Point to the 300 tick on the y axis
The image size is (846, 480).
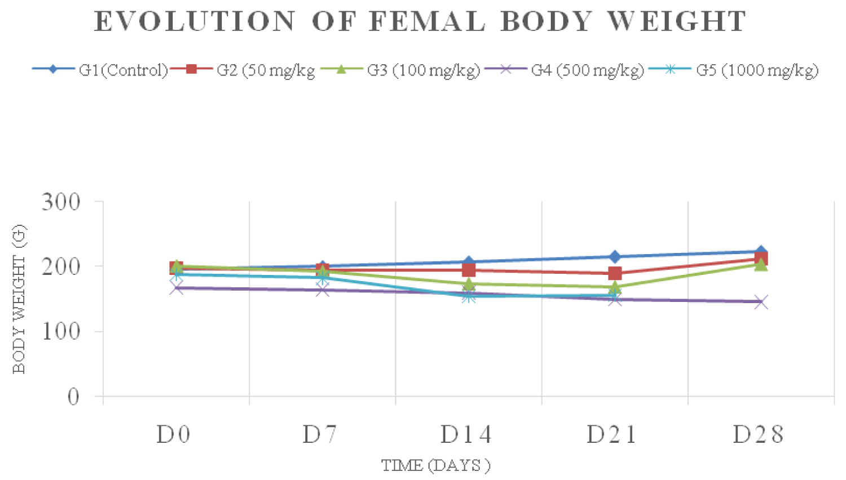(x=61, y=202)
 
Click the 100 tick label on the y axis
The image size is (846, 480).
(x=61, y=331)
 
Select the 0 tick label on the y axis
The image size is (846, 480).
(x=73, y=397)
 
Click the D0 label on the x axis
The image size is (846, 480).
(x=174, y=435)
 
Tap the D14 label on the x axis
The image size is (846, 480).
(x=466, y=435)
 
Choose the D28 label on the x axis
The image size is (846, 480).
(x=759, y=435)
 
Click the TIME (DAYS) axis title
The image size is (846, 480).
(x=435, y=465)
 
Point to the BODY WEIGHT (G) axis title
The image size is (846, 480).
(x=19, y=299)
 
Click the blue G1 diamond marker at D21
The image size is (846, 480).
(x=615, y=257)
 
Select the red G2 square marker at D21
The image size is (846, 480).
(x=615, y=274)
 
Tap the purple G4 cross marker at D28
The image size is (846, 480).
(x=761, y=302)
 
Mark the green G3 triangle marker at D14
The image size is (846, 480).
(x=469, y=284)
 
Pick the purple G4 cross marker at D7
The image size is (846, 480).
(x=323, y=290)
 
